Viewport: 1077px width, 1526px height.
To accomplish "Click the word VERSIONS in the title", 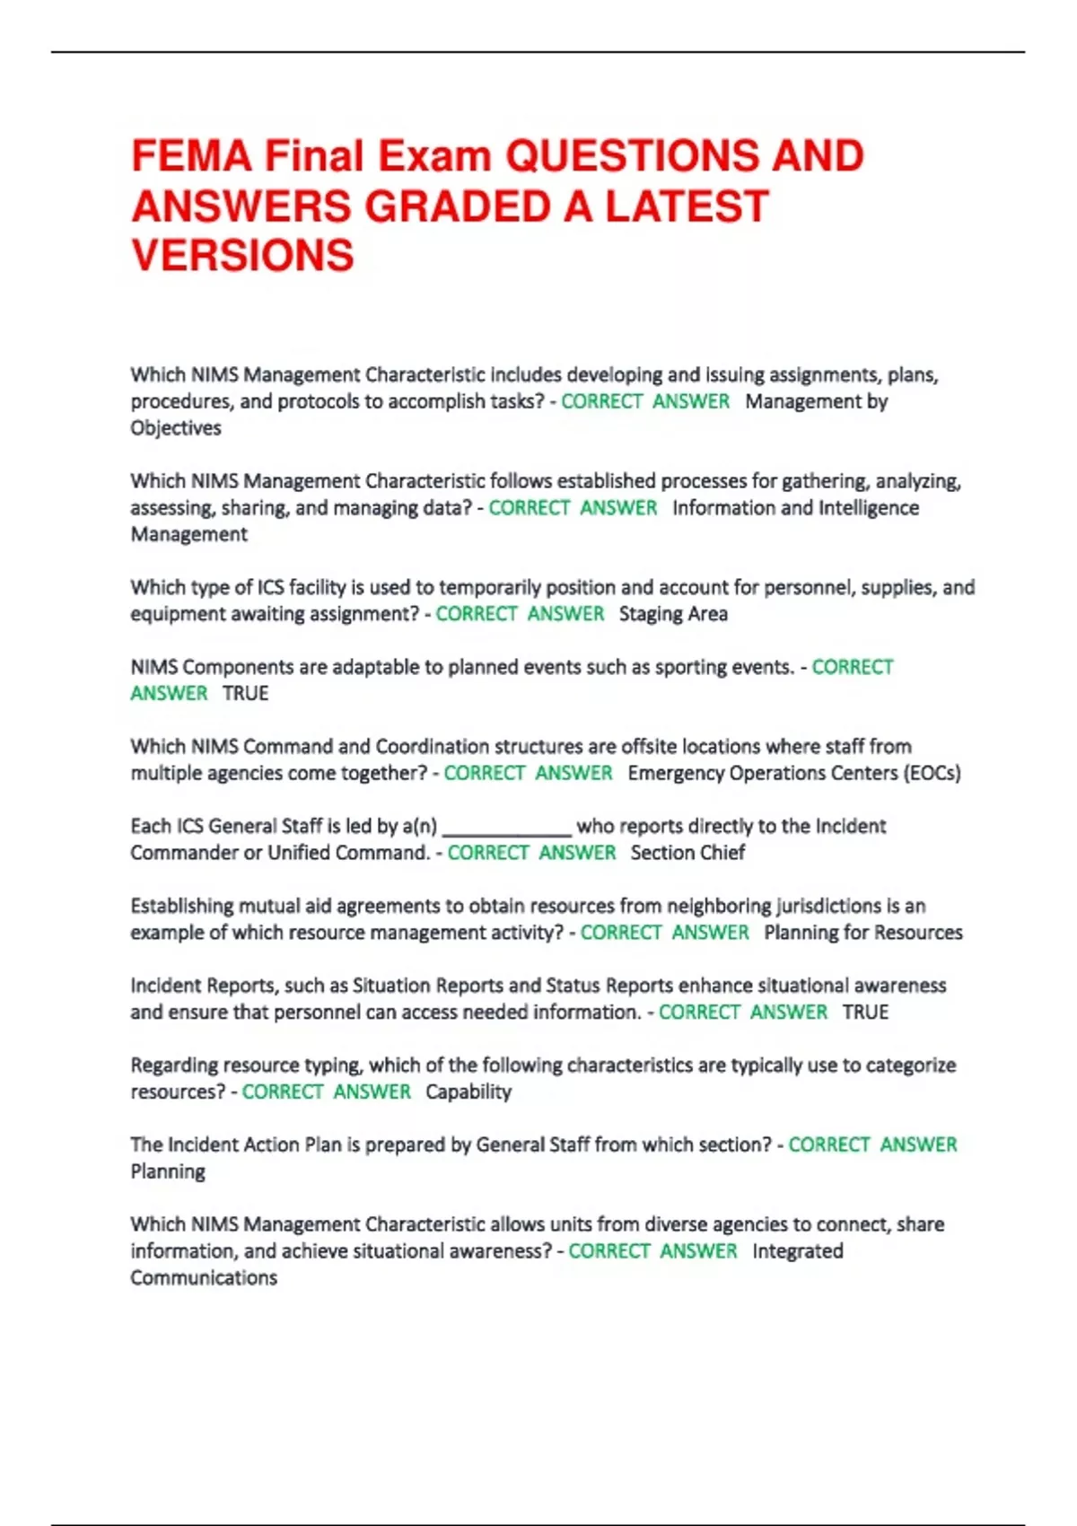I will [x=242, y=255].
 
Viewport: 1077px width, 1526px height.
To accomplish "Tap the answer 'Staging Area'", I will [x=673, y=614].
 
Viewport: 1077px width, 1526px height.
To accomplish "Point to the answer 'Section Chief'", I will [x=687, y=853].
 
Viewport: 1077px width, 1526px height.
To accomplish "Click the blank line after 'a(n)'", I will [x=506, y=827].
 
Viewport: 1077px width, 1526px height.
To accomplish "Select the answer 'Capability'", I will [x=468, y=1092].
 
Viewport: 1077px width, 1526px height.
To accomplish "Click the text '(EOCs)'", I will [x=932, y=773].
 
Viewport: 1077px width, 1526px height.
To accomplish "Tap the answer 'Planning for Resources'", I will [x=863, y=933].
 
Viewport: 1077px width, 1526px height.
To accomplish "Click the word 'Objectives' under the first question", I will [x=176, y=428].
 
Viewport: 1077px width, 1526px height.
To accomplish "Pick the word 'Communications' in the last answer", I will [x=204, y=1277].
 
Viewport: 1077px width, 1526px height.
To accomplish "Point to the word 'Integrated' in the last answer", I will [x=798, y=1251].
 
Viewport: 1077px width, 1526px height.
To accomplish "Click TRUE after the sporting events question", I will [x=246, y=693].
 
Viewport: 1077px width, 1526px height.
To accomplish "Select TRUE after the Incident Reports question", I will [x=865, y=1012].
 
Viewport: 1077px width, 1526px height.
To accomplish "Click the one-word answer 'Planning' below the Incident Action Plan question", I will [x=168, y=1171].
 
